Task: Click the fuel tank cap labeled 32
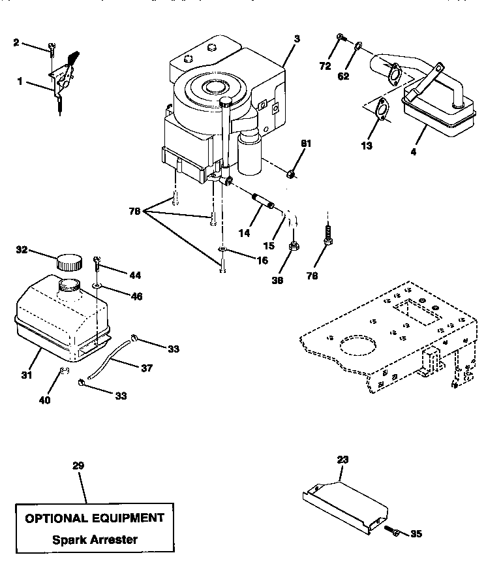coord(69,262)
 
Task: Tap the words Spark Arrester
coord(95,540)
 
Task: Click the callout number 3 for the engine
coord(297,39)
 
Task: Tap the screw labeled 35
coord(389,530)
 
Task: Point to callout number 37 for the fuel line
coord(147,368)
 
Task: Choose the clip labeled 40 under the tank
coord(64,372)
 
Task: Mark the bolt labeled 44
coord(97,262)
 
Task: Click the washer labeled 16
coord(222,250)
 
